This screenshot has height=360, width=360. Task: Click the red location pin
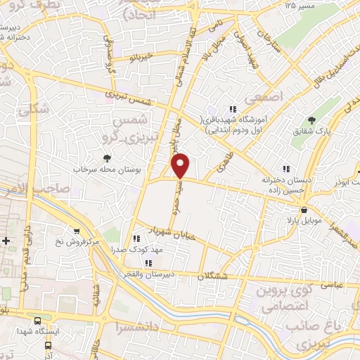[181, 165]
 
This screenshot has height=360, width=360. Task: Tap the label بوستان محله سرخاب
[107, 170]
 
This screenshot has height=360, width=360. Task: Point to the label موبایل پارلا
[304, 221]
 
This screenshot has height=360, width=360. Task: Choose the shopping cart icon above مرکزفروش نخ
[77, 230]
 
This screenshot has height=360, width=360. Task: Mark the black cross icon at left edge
[6, 241]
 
